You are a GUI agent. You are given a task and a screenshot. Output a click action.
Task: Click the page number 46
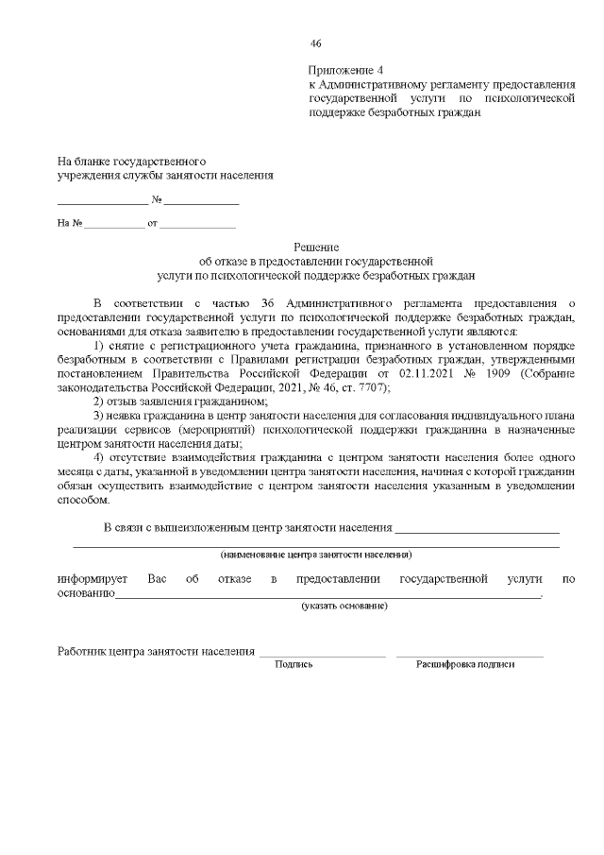click(316, 43)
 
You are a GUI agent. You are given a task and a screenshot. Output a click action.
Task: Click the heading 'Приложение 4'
click(346, 71)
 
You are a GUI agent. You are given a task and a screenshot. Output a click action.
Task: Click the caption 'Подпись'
click(294, 664)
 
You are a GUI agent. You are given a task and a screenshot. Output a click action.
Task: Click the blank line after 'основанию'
click(327, 596)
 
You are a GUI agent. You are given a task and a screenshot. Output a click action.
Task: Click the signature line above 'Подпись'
click(322, 655)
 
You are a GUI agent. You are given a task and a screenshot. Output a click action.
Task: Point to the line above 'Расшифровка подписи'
click(469, 655)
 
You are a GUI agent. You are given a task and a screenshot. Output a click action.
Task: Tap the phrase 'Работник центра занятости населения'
click(156, 651)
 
